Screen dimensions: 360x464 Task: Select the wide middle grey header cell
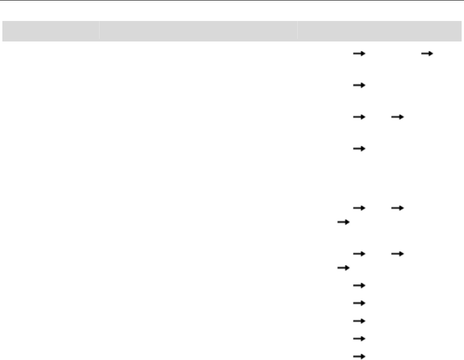coord(198,31)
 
